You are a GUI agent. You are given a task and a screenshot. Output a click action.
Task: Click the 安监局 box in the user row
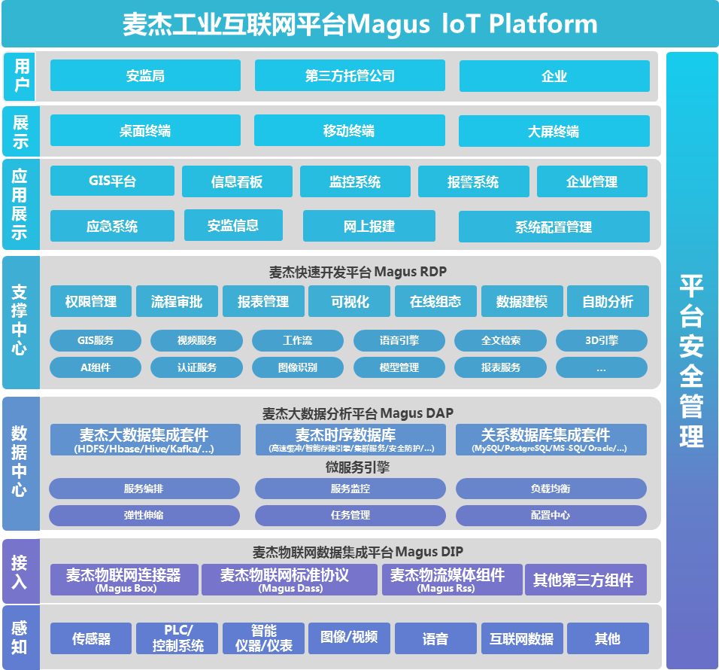click(x=145, y=75)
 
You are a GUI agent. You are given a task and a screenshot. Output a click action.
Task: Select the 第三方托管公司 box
click(x=350, y=75)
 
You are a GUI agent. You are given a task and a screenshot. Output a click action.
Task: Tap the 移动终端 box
click(x=349, y=130)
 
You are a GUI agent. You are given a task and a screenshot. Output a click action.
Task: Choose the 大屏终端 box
click(x=554, y=131)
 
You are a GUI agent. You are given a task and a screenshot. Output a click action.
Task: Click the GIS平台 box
click(x=112, y=181)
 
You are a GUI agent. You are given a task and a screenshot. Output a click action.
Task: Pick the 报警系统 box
click(x=472, y=181)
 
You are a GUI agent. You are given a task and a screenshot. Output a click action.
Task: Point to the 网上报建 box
click(x=369, y=226)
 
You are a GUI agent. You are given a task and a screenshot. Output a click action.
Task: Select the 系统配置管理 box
click(x=554, y=227)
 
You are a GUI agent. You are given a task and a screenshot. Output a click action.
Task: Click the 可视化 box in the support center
click(x=350, y=301)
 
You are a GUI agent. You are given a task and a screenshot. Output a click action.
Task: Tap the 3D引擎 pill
click(x=601, y=340)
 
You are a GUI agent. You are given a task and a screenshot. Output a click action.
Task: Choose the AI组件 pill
click(x=96, y=367)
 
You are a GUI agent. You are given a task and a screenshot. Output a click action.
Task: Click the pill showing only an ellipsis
click(x=601, y=367)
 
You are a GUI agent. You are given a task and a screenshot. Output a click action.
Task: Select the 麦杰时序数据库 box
click(x=350, y=440)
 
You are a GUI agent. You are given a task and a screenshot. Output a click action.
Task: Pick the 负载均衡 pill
click(x=551, y=489)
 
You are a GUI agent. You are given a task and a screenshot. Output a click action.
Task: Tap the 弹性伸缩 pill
click(x=144, y=516)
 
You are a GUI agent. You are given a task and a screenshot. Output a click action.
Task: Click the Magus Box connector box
click(x=124, y=580)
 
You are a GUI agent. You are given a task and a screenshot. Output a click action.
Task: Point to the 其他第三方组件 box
click(x=584, y=580)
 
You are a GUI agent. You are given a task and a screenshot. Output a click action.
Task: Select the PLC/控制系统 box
click(x=177, y=638)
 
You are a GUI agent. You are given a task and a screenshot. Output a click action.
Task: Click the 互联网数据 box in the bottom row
click(x=521, y=638)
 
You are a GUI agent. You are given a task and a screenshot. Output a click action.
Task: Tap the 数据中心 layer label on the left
click(x=20, y=461)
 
